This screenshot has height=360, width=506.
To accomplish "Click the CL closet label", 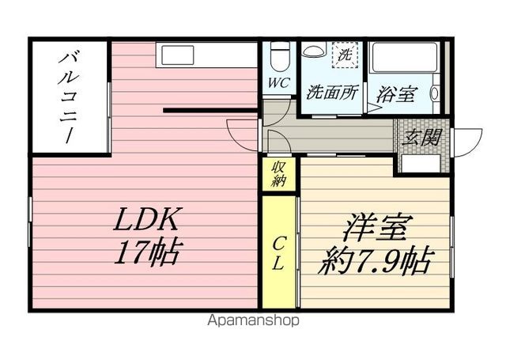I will tap(279, 252).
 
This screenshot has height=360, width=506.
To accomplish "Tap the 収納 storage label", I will tap(279, 173).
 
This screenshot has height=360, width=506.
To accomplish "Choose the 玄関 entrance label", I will tap(424, 137).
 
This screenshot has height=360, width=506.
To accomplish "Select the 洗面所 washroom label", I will tap(332, 92).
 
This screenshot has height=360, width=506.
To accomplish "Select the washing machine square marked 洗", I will tap(345, 55).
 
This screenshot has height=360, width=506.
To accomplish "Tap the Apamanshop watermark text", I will tap(253, 321).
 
